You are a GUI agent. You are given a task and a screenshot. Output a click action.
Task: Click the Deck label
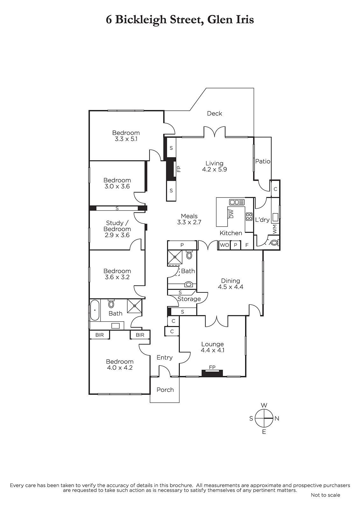214,113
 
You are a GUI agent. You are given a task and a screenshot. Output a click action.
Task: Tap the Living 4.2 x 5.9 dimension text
215,169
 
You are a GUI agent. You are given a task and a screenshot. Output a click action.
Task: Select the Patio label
263,161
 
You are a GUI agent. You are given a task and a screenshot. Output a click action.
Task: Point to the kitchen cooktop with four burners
249,217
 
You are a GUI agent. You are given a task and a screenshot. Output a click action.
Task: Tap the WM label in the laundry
275,229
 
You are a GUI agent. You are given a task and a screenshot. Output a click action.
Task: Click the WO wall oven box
224,245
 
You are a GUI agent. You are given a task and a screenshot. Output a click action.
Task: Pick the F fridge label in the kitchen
247,245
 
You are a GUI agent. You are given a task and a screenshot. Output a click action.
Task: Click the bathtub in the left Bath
95,310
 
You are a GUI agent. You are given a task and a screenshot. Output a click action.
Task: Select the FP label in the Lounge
212,367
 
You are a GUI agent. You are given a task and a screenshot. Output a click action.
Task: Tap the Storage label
189,299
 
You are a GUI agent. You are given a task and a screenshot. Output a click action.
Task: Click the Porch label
165,390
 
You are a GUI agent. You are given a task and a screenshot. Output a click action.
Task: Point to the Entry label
165,358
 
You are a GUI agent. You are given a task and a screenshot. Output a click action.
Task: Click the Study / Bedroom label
117,226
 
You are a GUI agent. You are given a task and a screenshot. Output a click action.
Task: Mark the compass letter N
277,418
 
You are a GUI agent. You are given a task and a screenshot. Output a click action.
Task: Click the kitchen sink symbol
237,202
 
